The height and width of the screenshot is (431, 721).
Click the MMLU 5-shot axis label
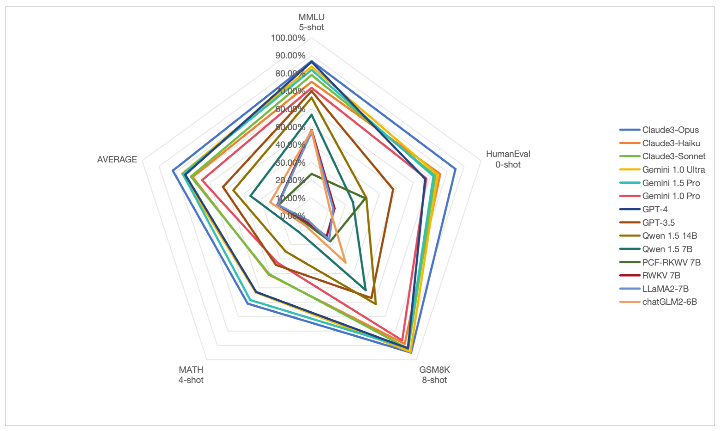point(311,22)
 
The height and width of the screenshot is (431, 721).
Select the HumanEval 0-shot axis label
point(508,159)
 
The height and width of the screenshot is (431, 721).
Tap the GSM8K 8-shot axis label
point(434,375)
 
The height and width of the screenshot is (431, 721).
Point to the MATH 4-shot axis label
point(191,375)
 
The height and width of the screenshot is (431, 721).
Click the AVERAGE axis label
point(117,159)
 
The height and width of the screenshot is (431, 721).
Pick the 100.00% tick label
point(288,38)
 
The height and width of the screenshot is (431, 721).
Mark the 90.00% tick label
point(290,55)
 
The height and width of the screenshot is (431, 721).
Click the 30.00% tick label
point(290,163)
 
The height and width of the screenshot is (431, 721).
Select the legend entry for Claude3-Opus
point(670,130)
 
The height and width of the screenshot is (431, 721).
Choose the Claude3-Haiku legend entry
point(671,143)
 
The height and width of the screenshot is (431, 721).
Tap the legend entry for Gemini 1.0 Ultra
point(673,170)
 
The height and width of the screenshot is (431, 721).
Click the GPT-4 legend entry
point(655,209)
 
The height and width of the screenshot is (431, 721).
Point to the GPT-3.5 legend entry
point(658,223)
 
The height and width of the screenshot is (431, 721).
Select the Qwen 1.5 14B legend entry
point(669,236)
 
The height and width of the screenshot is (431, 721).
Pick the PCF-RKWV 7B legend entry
point(671,262)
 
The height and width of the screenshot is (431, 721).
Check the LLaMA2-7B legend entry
point(665,289)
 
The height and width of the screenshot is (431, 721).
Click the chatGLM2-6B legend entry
point(669,302)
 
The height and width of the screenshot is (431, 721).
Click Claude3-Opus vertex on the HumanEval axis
point(456,170)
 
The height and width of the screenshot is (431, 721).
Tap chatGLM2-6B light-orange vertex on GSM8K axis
point(345,262)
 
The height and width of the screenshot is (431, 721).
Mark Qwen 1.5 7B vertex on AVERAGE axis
point(250,196)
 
